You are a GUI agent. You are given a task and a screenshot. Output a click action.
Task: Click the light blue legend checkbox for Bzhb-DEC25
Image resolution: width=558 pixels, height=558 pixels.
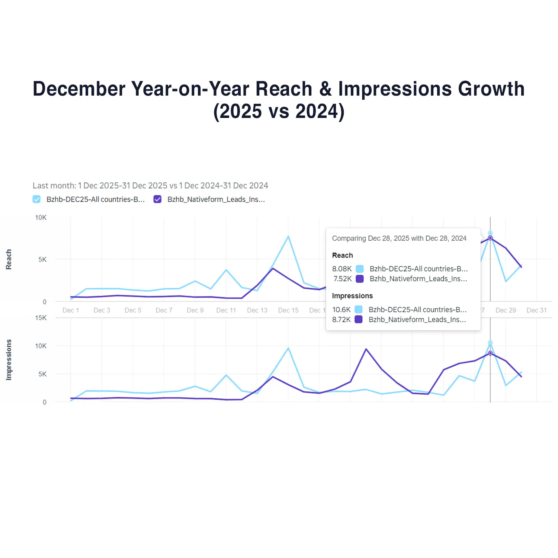point(36,199)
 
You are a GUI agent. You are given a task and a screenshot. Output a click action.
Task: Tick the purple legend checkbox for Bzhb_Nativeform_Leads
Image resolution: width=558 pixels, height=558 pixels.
point(158,199)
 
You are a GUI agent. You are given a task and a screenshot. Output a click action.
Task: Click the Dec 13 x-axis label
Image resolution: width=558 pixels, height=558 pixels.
point(257,310)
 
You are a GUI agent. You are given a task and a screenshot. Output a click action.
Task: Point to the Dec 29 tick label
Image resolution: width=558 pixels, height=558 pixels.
point(506,310)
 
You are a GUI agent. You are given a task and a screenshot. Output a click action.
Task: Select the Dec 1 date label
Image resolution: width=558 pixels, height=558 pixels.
point(71,310)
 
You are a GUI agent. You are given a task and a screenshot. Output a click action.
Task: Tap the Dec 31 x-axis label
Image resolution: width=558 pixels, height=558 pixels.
point(536,310)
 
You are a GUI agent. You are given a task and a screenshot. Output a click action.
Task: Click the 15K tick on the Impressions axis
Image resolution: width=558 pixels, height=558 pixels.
point(41,318)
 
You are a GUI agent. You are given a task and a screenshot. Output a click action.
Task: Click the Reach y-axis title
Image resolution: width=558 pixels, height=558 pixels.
point(9,259)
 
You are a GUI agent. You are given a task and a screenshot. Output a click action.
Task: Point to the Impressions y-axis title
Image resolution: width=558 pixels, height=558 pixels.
point(9,360)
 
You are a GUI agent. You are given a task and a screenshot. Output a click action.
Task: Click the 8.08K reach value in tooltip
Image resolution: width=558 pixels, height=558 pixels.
point(342,269)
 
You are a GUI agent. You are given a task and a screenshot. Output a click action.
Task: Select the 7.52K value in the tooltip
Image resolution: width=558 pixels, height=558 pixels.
point(343,279)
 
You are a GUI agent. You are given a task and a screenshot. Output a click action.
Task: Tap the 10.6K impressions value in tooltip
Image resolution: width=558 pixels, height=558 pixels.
point(341,310)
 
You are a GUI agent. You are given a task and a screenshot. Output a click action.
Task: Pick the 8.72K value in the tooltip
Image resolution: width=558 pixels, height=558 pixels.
point(341,320)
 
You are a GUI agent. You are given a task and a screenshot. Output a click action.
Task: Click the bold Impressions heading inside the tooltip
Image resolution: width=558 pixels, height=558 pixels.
point(352,296)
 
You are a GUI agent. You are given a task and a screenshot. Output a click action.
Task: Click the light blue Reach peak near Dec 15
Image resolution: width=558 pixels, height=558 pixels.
point(288,236)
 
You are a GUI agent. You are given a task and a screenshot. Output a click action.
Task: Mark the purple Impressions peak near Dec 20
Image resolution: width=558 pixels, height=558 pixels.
point(366,349)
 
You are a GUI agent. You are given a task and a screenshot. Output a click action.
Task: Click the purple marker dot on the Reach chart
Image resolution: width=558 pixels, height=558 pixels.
point(490,238)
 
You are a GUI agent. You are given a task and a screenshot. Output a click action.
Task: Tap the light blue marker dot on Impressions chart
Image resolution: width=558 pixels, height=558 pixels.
point(490,343)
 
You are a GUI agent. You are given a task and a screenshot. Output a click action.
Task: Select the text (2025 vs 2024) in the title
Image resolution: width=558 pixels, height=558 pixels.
point(279,111)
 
